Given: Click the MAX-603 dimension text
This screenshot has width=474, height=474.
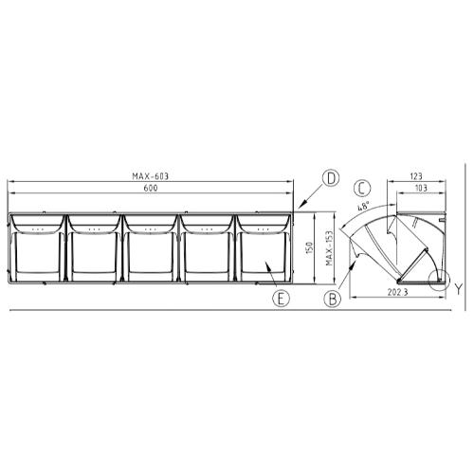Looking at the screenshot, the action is pos(151,176).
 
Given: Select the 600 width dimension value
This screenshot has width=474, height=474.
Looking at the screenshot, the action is pos(151,188).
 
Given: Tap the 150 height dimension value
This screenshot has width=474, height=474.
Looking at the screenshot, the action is pos(309,247).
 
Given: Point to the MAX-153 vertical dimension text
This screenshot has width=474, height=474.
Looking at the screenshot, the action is pos(329,248).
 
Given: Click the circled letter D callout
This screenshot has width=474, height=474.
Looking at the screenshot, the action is pos(331,178).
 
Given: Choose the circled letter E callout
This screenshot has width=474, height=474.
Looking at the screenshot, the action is pos(282,299).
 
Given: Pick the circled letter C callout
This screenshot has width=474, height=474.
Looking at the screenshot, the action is pos(362,188).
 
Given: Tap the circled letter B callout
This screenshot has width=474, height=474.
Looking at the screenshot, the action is pos(333,299).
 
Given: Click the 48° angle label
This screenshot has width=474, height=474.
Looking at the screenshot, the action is pos(363,208).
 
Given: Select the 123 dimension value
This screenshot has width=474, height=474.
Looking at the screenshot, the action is pos(416,176).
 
